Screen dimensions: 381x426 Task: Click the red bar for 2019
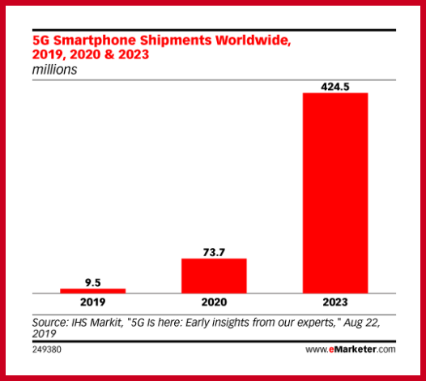pyautogui.click(x=93, y=290)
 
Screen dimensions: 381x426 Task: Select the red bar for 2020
pyautogui.click(x=214, y=276)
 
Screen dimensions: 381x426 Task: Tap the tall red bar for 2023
pyautogui.click(x=334, y=192)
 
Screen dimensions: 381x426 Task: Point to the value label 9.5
pyautogui.click(x=93, y=281)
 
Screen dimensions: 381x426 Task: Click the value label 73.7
pyautogui.click(x=214, y=251)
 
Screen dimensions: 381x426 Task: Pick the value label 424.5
pyautogui.click(x=334, y=85)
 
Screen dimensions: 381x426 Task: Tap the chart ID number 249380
pyautogui.click(x=48, y=350)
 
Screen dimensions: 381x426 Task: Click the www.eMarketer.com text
pyautogui.click(x=350, y=350)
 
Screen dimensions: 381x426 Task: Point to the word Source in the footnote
pyautogui.click(x=49, y=320)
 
